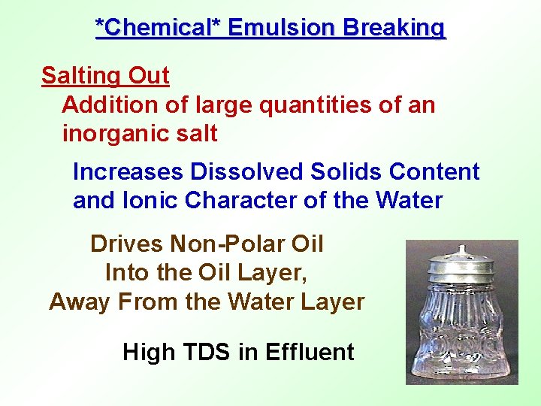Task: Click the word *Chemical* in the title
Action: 158,28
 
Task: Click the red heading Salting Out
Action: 105,76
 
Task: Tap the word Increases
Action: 128,172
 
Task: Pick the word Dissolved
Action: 238,172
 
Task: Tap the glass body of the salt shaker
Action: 461,331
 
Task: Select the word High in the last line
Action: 147,351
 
